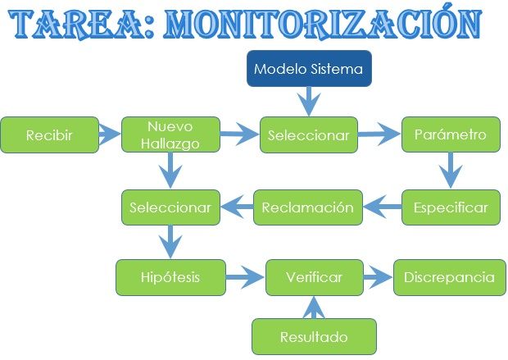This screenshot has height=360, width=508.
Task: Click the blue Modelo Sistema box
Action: [307, 69]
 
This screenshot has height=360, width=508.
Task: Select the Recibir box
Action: [48, 134]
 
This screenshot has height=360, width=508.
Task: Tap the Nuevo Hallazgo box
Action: [170, 134]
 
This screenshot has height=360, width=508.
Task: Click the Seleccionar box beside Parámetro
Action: [309, 135]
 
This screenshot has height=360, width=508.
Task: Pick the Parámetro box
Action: [450, 134]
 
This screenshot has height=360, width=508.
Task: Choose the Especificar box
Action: [450, 207]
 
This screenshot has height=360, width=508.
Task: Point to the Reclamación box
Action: [307, 207]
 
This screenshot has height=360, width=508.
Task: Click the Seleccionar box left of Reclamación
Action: [170, 207]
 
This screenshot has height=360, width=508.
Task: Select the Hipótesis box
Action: [170, 277]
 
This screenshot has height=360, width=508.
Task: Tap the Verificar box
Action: [314, 277]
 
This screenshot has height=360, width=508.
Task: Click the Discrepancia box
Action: [449, 277]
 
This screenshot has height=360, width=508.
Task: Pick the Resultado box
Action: [314, 337]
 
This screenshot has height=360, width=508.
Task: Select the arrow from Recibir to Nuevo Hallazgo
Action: [109, 131]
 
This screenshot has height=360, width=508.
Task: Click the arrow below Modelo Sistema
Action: [308, 102]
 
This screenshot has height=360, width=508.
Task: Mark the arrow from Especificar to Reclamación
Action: [382, 207]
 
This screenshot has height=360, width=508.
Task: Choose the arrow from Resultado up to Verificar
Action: [314, 307]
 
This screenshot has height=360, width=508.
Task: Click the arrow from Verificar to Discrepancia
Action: [377, 277]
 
